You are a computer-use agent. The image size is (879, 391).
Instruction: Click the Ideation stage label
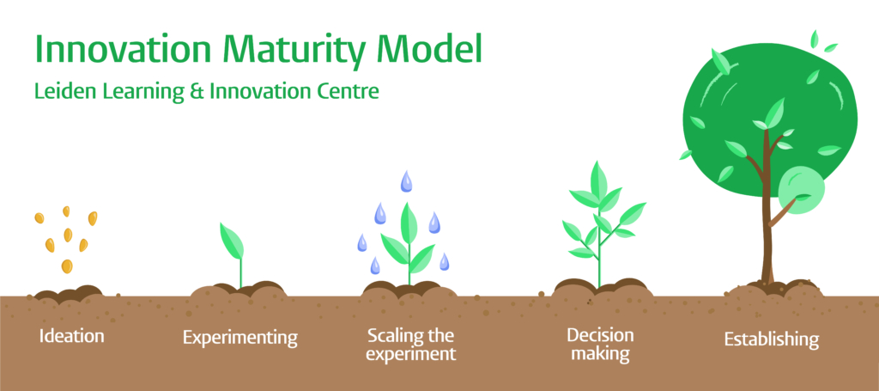coord(71,336)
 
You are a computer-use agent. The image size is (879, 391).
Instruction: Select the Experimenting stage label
coord(240,338)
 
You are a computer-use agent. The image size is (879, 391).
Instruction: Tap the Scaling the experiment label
coord(411,345)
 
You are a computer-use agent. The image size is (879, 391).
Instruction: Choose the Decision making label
coord(600,345)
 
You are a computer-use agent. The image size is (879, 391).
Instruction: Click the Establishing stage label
coord(772,339)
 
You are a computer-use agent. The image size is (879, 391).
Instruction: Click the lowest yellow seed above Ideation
coord(67,266)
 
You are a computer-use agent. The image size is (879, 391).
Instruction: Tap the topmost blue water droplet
coord(406,182)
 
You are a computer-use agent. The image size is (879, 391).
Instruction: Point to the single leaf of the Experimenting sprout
coord(232,241)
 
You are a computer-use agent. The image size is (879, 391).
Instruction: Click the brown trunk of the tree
coord(767,224)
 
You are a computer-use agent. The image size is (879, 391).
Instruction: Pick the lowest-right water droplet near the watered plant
coord(444,261)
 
